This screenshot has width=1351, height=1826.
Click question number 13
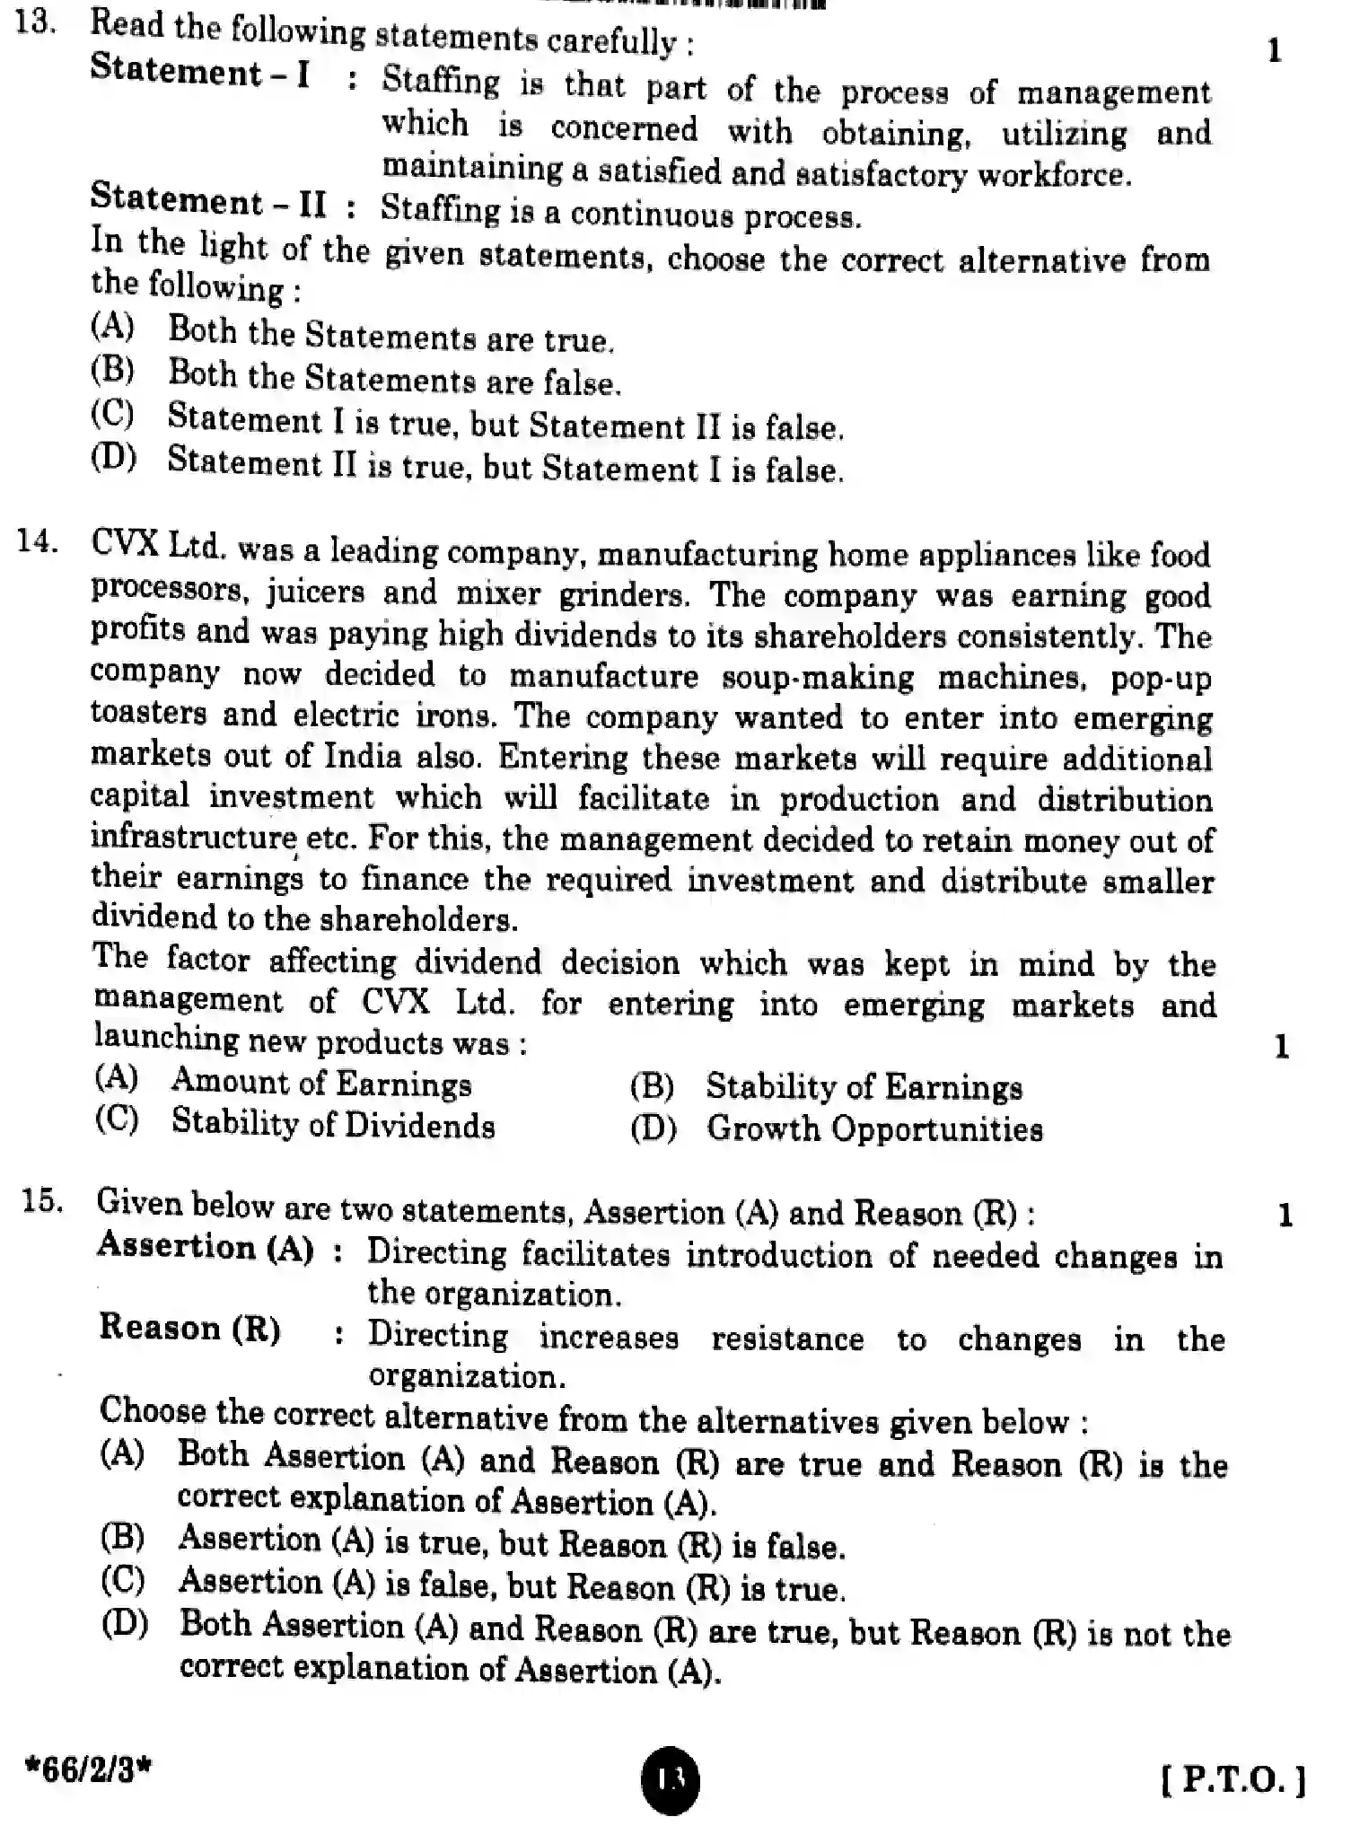point(36,22)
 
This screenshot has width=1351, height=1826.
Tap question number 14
point(38,542)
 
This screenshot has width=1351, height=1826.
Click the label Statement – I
point(200,72)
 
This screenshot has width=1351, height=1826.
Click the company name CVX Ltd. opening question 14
point(158,545)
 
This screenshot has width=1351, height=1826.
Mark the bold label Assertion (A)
point(206,1247)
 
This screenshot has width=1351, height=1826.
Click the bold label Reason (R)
point(189,1328)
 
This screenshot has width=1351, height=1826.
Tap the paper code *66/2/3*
point(89,1770)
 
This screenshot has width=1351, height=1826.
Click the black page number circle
point(671,1776)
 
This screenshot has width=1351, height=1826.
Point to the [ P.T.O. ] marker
point(1233,1778)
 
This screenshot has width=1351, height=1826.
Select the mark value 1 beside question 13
point(1274,51)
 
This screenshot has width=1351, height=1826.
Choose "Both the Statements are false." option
point(394,380)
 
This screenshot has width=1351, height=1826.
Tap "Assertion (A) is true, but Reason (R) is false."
point(511,1544)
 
